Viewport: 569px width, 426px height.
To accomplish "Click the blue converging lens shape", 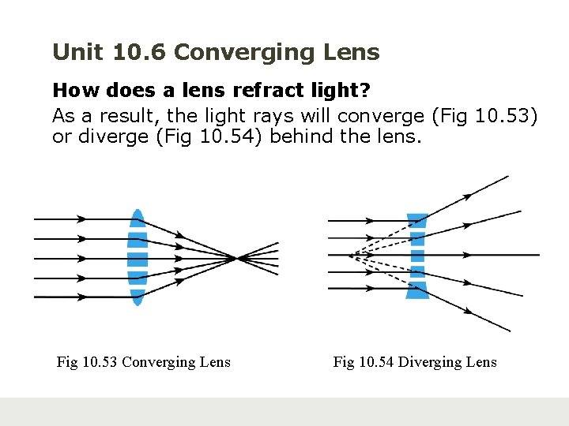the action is tap(138, 257).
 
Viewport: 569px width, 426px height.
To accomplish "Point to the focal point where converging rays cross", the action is tap(236, 257).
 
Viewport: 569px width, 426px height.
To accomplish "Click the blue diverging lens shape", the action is tap(416, 256).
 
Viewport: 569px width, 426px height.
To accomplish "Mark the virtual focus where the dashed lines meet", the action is tap(349, 255).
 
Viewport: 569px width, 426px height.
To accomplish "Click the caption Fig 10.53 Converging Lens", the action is tap(144, 362).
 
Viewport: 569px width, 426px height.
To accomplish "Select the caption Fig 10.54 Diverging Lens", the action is tap(415, 362).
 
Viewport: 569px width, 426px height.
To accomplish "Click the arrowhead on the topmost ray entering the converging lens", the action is tap(81, 219).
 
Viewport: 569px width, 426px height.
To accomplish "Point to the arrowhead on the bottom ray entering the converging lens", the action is tap(81, 297).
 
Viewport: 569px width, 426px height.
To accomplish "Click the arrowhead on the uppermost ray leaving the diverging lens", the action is tap(469, 194).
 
